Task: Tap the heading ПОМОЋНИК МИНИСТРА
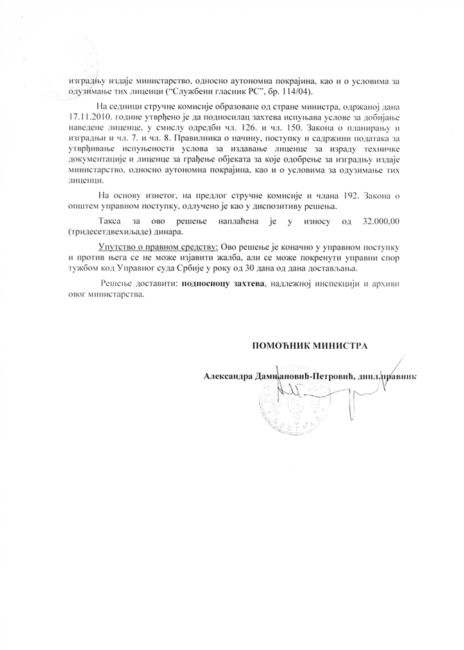click(309, 345)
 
